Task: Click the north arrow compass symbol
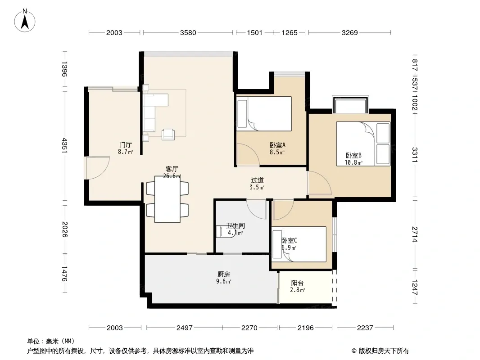(25, 20)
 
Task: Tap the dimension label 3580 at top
(188, 33)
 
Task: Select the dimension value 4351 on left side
(64, 145)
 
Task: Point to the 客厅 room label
(172, 169)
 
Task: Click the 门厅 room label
(126, 144)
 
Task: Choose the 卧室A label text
(277, 145)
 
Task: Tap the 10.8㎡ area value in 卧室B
(353, 162)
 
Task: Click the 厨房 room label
(224, 274)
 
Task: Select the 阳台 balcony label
(297, 283)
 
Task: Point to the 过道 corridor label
(257, 180)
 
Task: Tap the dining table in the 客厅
(168, 199)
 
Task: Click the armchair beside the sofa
(168, 134)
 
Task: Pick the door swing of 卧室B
(319, 183)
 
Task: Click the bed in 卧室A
(264, 113)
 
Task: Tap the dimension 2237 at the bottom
(365, 328)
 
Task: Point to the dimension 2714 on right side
(415, 234)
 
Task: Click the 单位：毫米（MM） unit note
(51, 342)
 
